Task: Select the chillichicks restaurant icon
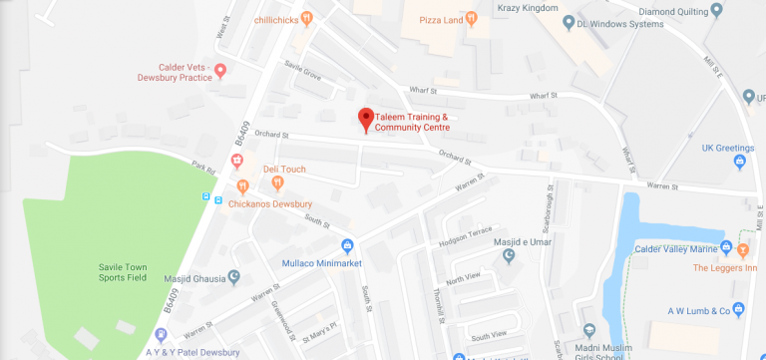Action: point(307,17)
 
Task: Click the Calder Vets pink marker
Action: point(221,70)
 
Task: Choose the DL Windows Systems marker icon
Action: point(568,22)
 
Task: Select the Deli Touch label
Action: point(284,170)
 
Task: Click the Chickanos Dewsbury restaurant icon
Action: point(242,185)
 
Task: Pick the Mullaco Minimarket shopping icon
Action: point(347,245)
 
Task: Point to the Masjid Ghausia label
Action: point(190,278)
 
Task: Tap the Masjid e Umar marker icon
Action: point(511,256)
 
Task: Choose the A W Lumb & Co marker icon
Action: point(738,309)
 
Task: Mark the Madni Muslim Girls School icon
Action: point(588,329)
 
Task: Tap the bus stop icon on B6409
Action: point(217,198)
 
